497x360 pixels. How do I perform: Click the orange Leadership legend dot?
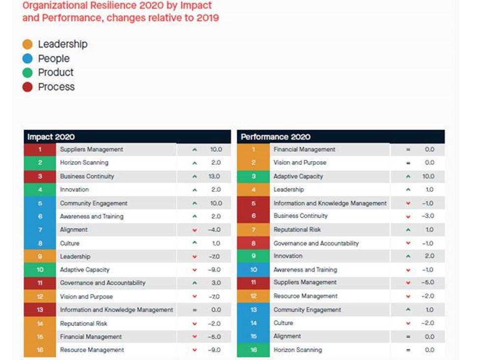tap(28, 44)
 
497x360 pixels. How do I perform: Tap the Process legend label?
tap(56, 87)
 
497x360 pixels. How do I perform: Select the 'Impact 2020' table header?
tap(51, 137)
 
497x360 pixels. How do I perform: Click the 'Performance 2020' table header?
tap(275, 137)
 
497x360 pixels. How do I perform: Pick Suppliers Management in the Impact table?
tap(91, 149)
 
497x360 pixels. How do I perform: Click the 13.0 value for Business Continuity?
tap(215, 176)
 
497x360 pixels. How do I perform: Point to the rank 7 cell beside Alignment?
tap(40, 230)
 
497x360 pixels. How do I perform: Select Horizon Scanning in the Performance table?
tap(298, 350)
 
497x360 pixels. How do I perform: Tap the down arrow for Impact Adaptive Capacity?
tap(195, 270)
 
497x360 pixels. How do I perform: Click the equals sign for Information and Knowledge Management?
tap(195, 310)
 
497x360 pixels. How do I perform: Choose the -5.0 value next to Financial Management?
tap(215, 337)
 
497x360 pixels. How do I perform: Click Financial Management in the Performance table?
tap(304, 149)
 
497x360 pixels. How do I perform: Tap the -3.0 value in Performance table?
tap(428, 216)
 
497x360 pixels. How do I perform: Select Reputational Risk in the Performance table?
tap(297, 230)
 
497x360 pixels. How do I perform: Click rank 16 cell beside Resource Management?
tap(40, 350)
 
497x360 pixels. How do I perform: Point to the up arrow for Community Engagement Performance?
tap(408, 310)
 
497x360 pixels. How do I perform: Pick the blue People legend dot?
tap(28, 59)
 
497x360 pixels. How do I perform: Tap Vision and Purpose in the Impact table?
tap(86, 297)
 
